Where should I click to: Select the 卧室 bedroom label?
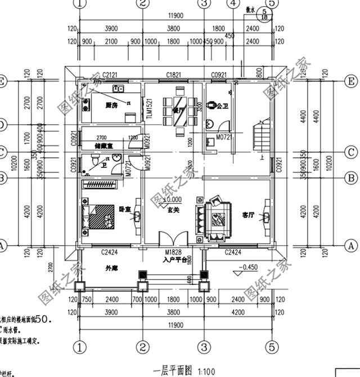124,209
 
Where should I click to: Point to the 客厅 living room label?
249,214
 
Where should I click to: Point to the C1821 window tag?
173,75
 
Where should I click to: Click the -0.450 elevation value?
249,267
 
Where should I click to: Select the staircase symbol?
262,135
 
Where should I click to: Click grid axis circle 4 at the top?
231,3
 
